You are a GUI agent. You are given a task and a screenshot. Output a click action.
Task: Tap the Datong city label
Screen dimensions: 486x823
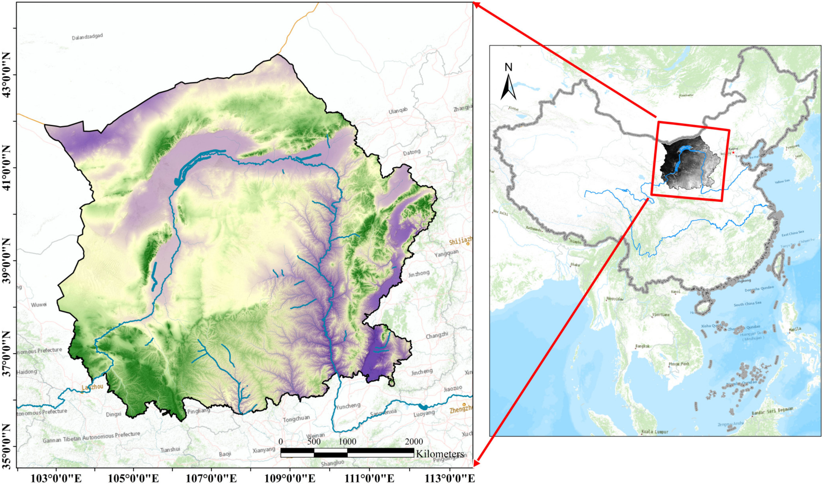(411, 153)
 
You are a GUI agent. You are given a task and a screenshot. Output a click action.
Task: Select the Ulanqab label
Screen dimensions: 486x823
(398, 111)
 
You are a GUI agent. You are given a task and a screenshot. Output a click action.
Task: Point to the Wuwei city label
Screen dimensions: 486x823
(39, 304)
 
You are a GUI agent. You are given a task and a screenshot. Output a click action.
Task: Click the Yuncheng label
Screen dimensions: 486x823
(348, 406)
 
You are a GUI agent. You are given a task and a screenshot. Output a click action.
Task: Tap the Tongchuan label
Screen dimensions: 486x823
(296, 419)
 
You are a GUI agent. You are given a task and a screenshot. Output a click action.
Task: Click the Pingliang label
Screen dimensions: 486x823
(199, 411)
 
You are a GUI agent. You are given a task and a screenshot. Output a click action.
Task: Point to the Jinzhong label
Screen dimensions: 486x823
(419, 274)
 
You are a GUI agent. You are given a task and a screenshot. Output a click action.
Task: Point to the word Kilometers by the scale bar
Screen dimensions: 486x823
(440, 454)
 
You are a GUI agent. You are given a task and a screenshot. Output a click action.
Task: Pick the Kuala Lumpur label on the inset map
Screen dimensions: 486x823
(655, 432)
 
